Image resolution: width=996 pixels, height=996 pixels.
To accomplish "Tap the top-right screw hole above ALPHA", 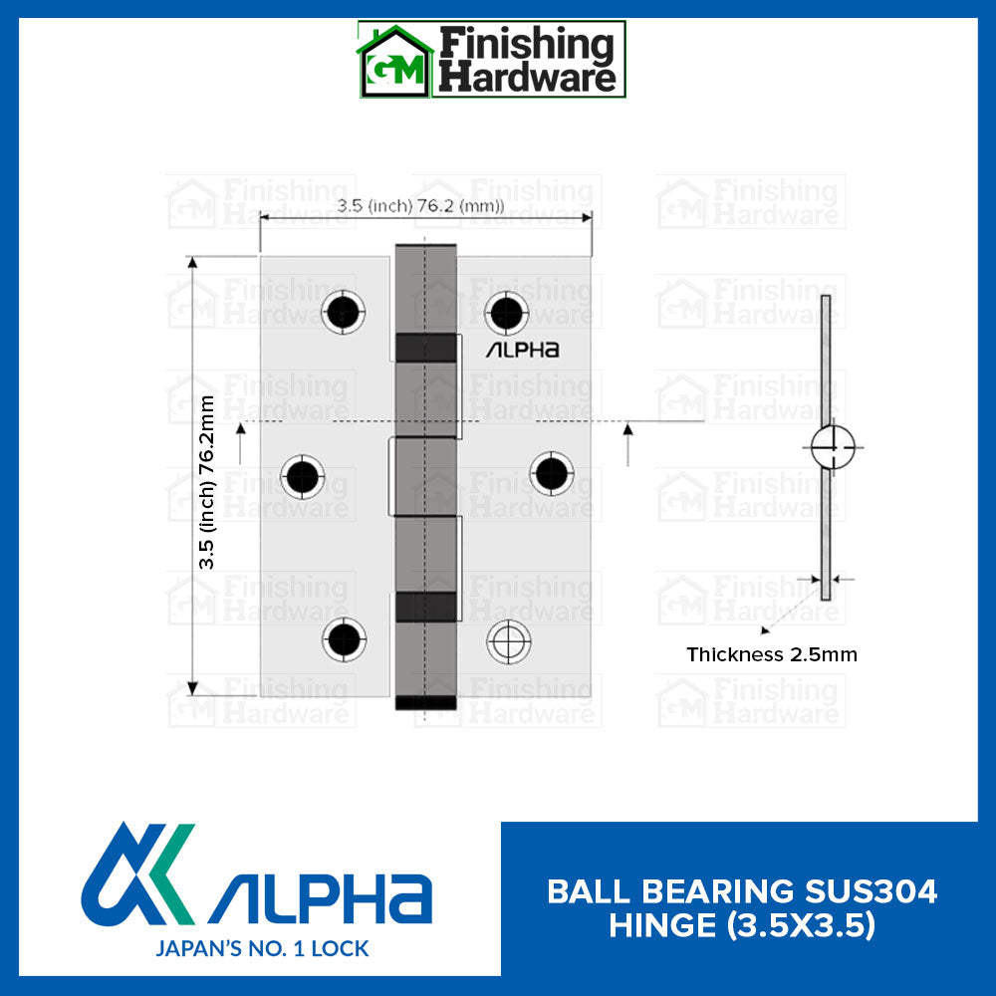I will [x=508, y=312].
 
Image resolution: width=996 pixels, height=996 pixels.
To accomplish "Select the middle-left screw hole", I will [x=302, y=476].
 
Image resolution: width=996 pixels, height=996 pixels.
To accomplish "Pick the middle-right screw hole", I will [x=551, y=472].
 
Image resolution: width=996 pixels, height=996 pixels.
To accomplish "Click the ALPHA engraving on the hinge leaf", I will [x=522, y=350].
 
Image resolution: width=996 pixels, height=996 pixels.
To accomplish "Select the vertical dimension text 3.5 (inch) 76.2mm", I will [x=207, y=482].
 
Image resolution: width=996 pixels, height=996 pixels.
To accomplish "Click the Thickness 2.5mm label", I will [x=772, y=655].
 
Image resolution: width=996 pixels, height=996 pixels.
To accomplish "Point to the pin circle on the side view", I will [x=832, y=447].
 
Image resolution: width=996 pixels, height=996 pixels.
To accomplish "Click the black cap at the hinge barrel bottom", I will [x=426, y=702].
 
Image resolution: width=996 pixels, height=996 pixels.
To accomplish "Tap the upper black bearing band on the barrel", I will [x=426, y=346].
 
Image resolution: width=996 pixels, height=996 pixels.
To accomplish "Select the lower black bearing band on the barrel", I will [x=426, y=606].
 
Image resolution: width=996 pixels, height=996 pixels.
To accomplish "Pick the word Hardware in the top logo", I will [x=528, y=78].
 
